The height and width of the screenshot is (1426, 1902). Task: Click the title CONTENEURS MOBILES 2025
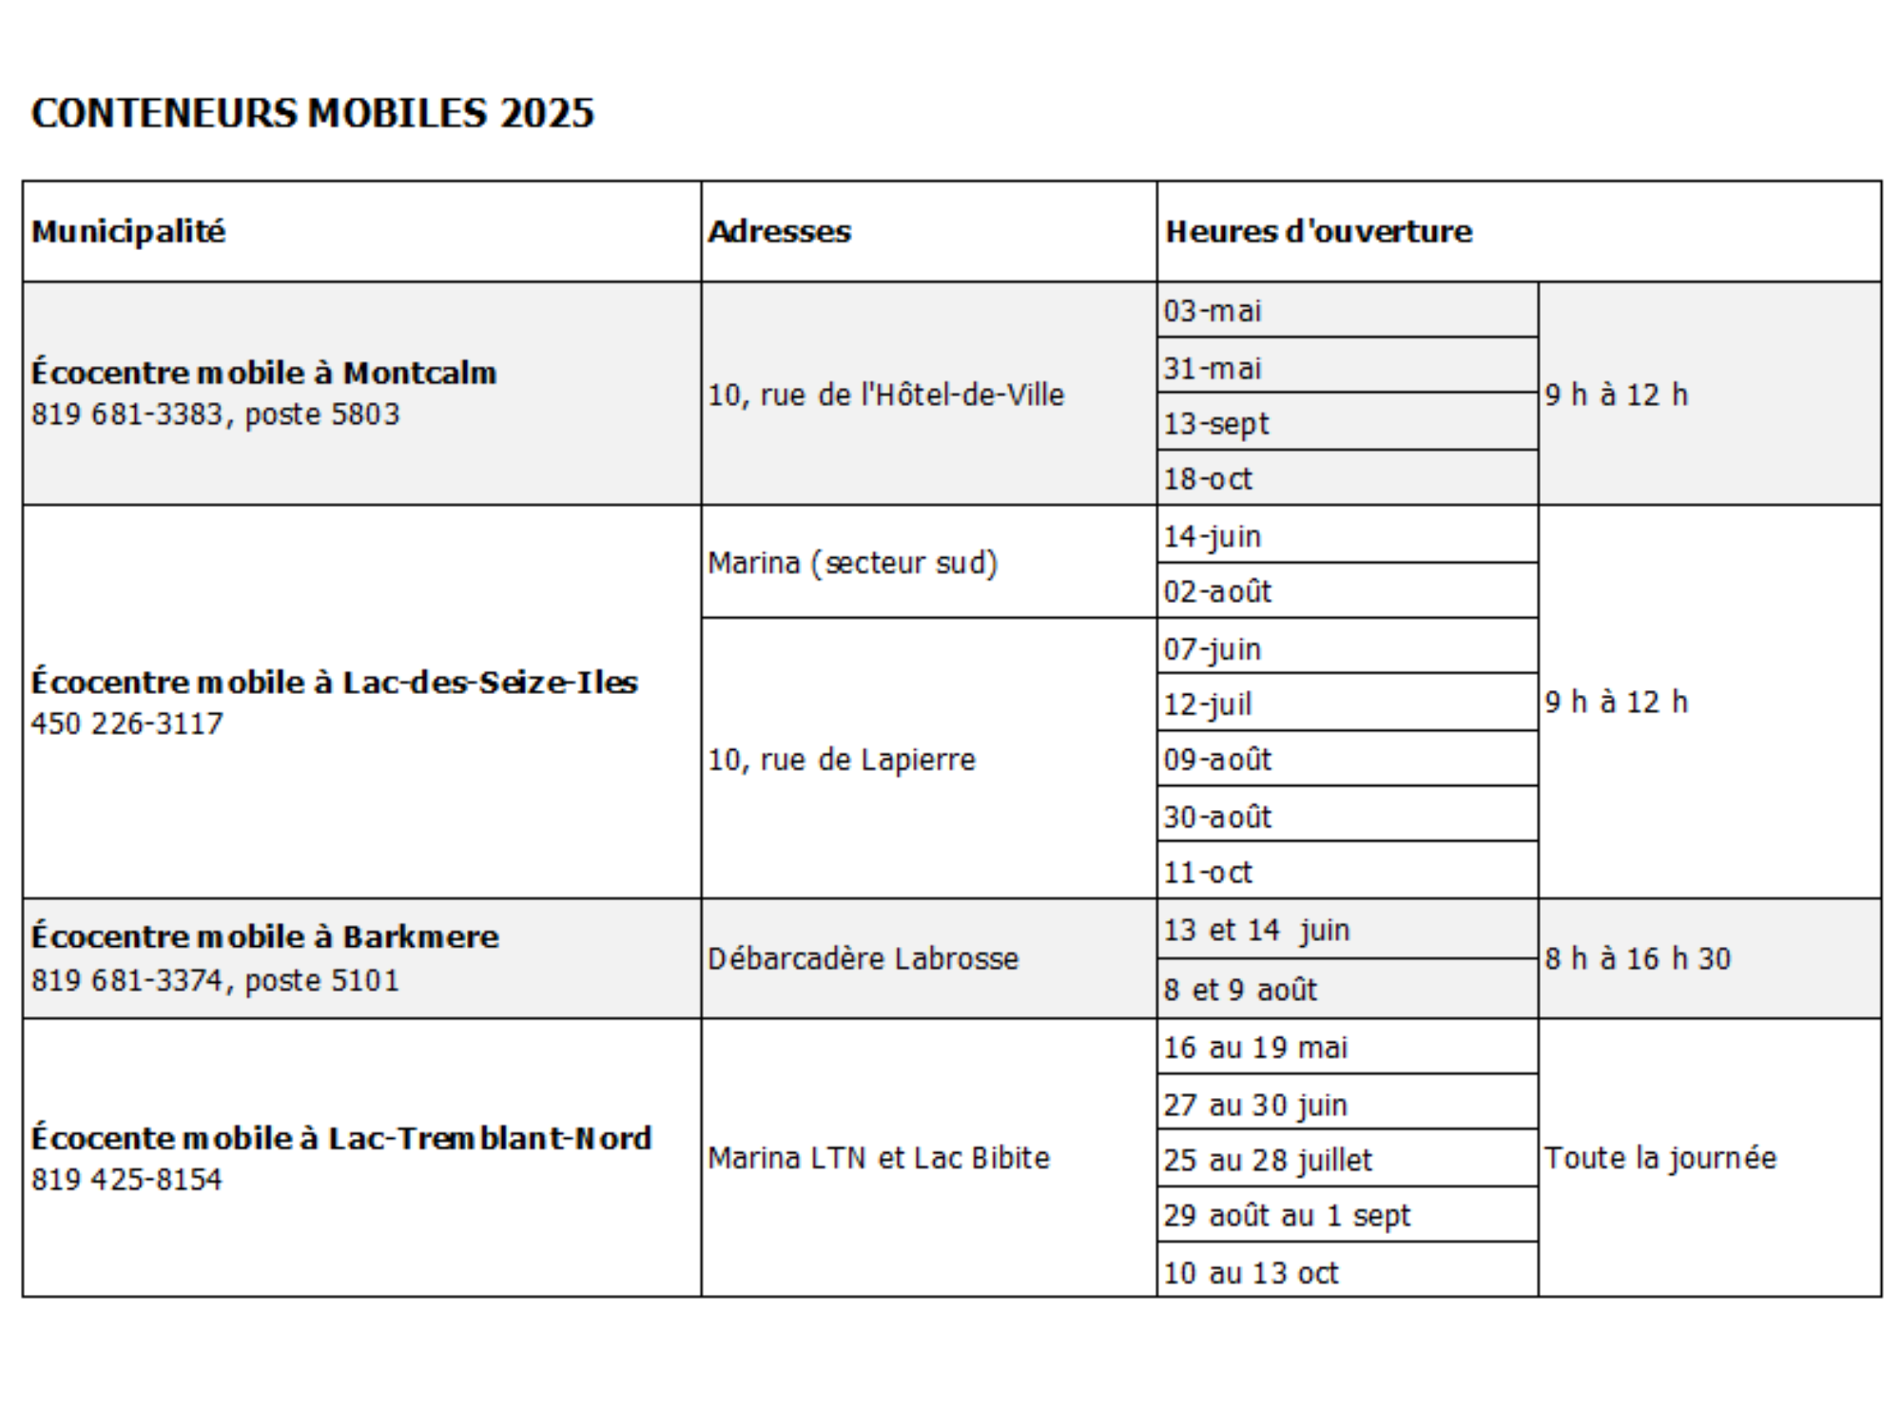pos(312,113)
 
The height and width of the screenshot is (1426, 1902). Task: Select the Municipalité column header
pos(128,231)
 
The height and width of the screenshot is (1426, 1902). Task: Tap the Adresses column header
pos(779,231)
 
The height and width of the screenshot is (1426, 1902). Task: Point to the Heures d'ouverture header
pos(1318,231)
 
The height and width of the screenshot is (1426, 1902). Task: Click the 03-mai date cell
pos(1213,311)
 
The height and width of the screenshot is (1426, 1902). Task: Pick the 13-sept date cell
pos(1216,423)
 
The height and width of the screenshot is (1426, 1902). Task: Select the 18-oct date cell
pos(1208,478)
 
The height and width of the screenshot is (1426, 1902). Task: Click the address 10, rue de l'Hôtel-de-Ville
pos(885,395)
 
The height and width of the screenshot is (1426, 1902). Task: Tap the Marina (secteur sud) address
pos(852,563)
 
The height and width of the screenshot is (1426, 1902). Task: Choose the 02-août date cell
pos(1217,591)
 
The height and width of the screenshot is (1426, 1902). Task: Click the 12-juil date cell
pos(1208,703)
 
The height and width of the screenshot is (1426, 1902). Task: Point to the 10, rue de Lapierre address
pos(842,760)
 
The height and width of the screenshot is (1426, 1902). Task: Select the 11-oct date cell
pos(1208,872)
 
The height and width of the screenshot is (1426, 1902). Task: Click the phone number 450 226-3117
pos(127,723)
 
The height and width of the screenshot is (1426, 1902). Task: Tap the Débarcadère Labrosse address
pos(863,958)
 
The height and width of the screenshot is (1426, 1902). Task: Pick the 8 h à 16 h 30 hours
pos(1638,958)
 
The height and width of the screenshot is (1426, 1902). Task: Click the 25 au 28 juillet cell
pos(1268,1160)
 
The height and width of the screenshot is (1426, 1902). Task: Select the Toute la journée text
pos(1660,1158)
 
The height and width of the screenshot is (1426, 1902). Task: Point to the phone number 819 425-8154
pos(126,1179)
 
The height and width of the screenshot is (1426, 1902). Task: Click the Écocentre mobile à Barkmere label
pos(264,936)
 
